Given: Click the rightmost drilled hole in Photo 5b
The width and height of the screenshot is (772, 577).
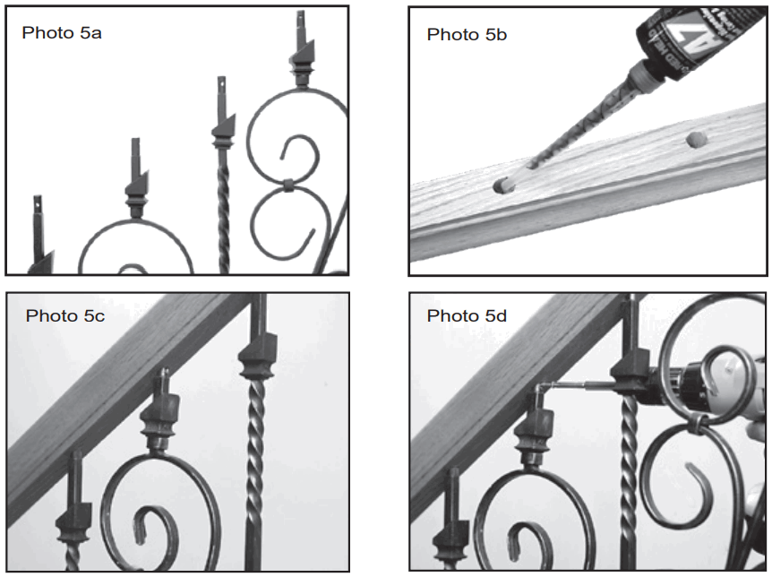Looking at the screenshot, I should click(x=695, y=140).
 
